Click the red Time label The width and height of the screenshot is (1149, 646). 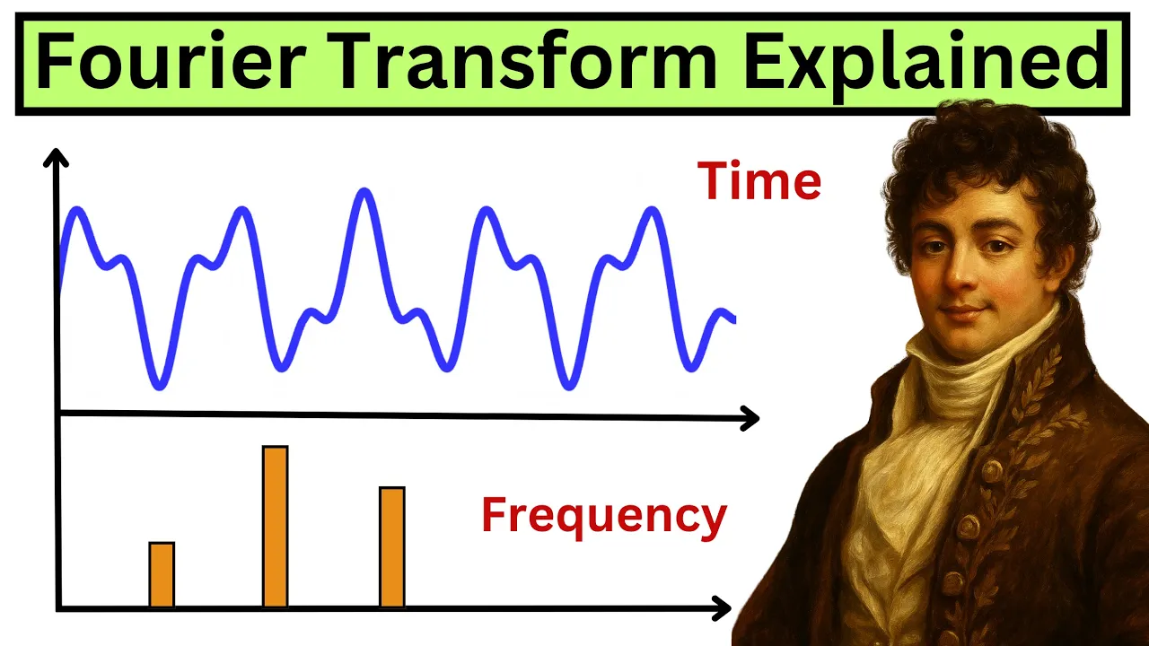point(759,182)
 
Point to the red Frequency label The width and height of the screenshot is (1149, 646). point(603,517)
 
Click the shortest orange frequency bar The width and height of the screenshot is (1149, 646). point(162,575)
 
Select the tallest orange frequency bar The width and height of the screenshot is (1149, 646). point(275,527)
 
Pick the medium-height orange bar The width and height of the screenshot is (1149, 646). point(392,547)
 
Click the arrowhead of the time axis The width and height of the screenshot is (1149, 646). point(750,417)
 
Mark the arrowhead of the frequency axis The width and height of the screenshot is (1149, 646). point(722,609)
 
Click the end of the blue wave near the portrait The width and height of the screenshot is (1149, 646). point(732,319)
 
